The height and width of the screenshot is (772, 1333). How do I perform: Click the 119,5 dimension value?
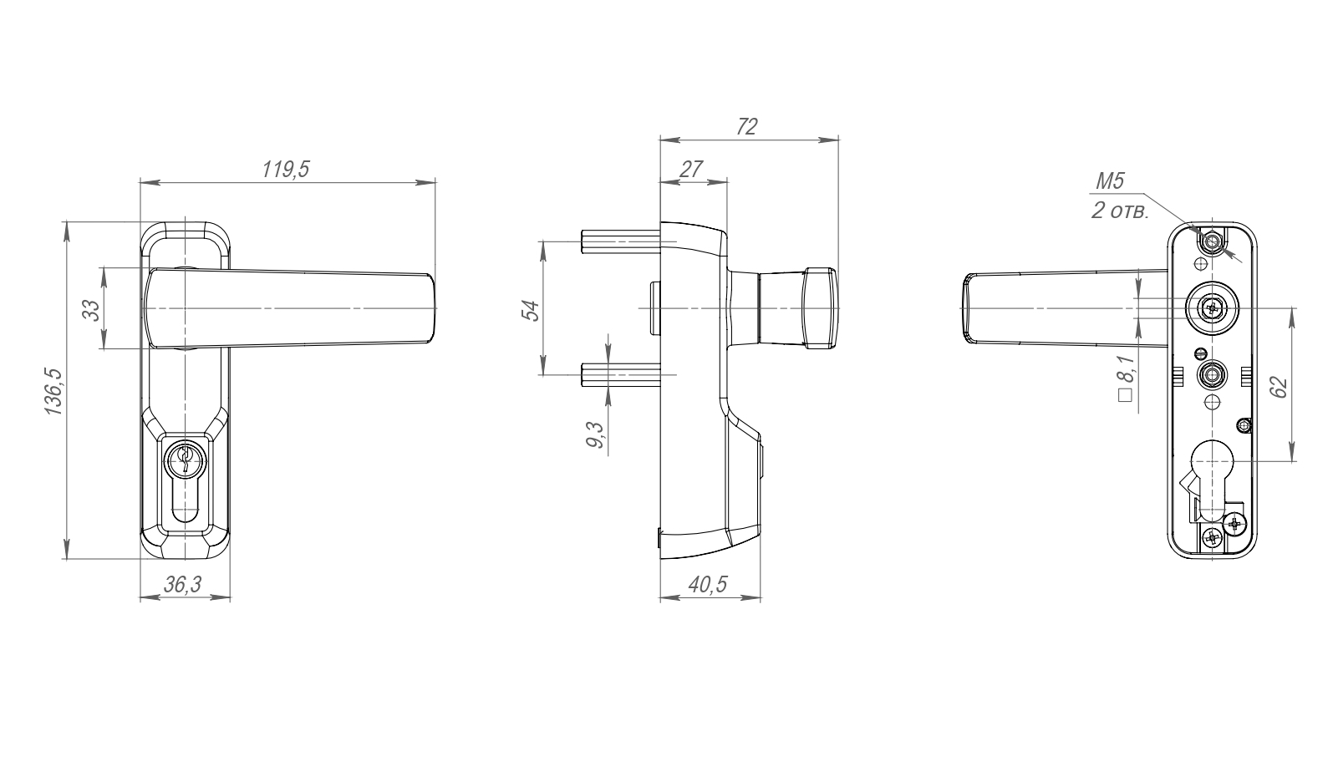coord(286,169)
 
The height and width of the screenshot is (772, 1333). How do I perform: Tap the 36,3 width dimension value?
coord(183,585)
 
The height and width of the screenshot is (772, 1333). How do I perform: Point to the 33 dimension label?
coord(92,309)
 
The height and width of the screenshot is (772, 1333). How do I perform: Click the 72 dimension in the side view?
coord(747,127)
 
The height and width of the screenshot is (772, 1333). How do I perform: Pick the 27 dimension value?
coord(690,169)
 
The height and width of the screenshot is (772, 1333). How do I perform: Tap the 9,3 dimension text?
coord(594,434)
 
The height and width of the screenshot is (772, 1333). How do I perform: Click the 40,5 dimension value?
coord(708,584)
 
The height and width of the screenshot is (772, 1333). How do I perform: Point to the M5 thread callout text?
coord(1110,180)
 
